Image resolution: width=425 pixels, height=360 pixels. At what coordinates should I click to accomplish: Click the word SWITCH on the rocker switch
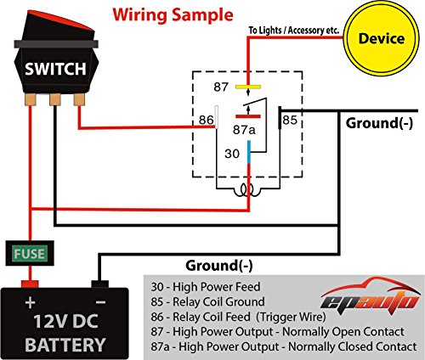coord(52,68)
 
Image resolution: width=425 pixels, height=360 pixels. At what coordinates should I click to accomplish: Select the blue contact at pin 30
coord(248,153)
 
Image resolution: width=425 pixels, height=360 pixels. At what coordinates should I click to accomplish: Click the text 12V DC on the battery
coord(66,322)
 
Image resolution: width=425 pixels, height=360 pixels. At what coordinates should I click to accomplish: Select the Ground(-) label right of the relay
coord(382,122)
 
